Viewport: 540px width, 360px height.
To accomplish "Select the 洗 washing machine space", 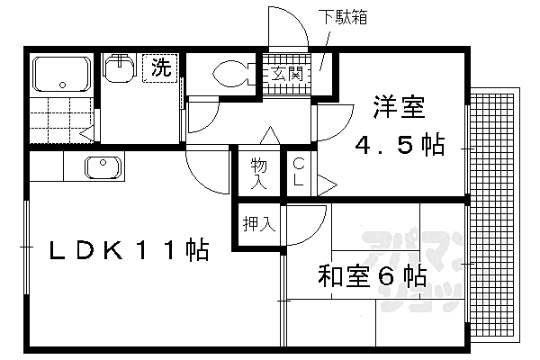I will coord(160,67).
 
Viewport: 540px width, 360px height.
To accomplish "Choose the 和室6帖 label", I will coord(370,276).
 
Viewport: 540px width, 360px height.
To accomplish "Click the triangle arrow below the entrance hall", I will coord(267,136).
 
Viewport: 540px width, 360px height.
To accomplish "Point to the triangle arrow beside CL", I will coord(327,186).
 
